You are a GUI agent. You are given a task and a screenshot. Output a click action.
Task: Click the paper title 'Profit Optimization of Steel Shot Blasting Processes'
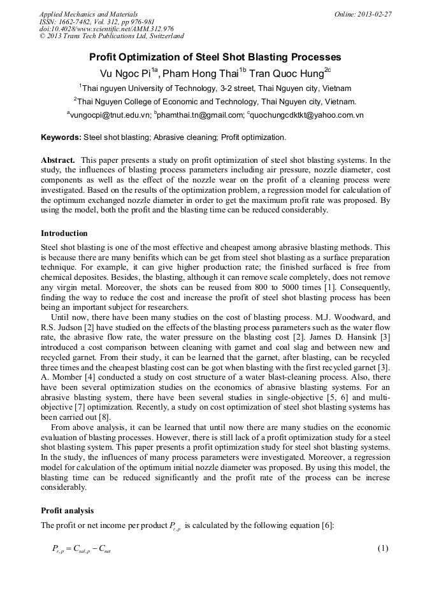[215, 57]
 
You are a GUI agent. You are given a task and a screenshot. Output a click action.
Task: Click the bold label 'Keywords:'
[61, 137]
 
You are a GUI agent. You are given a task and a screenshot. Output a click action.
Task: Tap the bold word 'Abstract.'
[59, 160]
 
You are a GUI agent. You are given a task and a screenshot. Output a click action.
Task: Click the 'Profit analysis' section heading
[67, 510]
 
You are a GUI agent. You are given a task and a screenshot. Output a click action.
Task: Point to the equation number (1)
[383, 548]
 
